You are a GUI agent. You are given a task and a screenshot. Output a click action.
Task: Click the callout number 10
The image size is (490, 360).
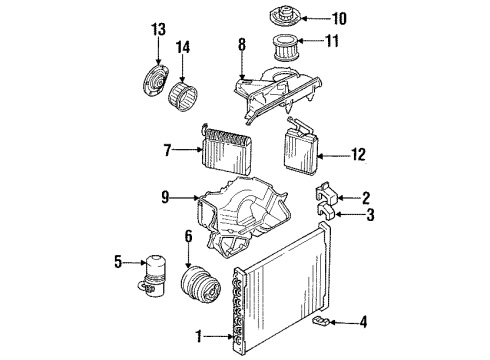(x=339, y=17)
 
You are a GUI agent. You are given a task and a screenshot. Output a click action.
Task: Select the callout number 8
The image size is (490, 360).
(x=240, y=44)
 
